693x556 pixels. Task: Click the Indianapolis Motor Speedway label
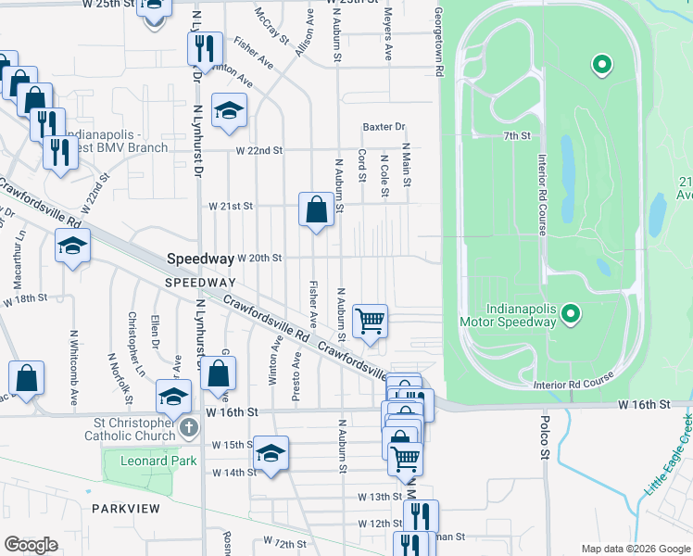508,315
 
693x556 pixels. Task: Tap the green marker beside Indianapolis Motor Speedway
572,315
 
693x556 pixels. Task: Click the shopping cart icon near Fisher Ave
371,321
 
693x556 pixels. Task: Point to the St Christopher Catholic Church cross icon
189,428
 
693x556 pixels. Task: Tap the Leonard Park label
143,461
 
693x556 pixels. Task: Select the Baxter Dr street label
384,127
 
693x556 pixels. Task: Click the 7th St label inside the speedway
516,136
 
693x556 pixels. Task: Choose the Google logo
31,545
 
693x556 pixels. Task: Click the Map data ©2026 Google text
636,549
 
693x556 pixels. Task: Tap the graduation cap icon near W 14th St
271,452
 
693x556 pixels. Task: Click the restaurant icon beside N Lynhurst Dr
206,47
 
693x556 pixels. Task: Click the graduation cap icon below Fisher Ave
227,111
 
